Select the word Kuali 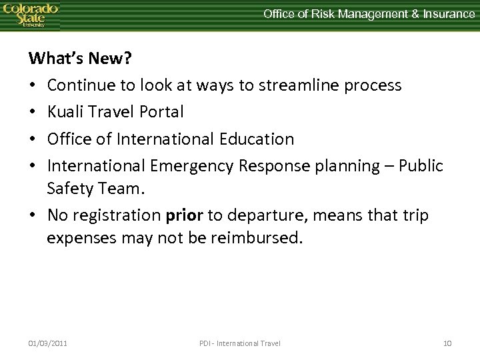coord(68,112)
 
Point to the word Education coord(257,139)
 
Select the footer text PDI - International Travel coord(240,343)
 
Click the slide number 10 coord(447,343)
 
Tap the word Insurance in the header coord(447,13)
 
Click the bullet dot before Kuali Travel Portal coord(33,112)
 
